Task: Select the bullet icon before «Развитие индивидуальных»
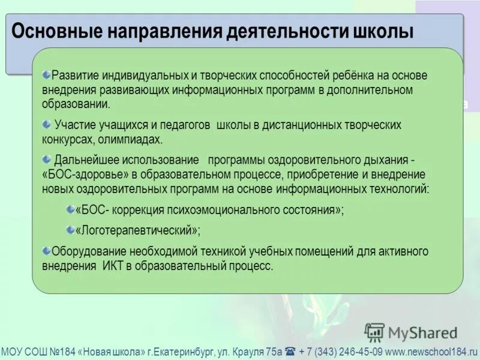tap(47, 74)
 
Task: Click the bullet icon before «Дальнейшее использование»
tap(47, 158)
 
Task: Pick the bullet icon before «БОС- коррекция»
tap(70, 208)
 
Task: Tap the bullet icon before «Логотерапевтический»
tap(70, 229)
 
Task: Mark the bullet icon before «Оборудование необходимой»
tap(47, 251)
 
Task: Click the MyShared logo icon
tap(374, 332)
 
